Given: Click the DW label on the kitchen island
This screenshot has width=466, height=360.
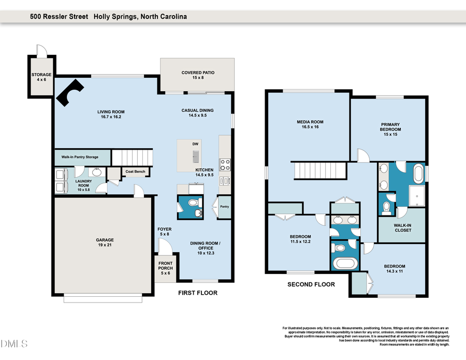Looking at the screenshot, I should click(196, 143).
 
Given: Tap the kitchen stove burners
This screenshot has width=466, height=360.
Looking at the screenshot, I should click(225, 164).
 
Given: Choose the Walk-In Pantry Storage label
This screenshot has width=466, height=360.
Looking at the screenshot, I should click(80, 156).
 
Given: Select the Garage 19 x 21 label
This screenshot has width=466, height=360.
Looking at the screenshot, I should click(105, 242).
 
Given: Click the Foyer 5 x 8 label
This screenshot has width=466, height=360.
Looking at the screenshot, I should click(165, 232).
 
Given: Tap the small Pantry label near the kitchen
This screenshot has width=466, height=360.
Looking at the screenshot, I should click(224, 207).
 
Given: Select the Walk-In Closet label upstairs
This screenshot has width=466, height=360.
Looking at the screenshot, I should click(402, 227).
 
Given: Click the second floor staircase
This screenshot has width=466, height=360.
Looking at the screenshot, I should click(319, 169).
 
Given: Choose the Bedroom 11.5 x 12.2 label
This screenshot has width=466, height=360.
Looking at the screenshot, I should click(300, 239).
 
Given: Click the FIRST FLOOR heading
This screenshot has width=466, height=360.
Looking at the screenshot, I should click(198, 293).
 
